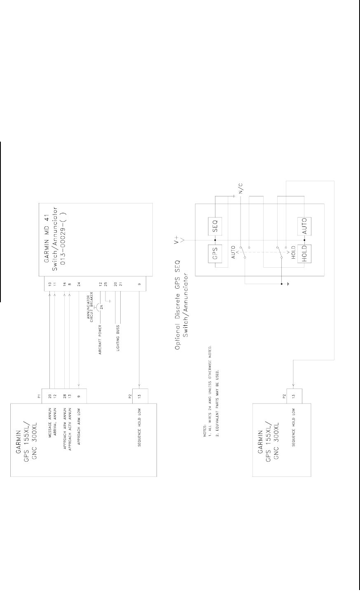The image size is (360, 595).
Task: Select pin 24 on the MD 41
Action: tap(79, 284)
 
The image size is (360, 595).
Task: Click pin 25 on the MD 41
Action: tap(105, 284)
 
